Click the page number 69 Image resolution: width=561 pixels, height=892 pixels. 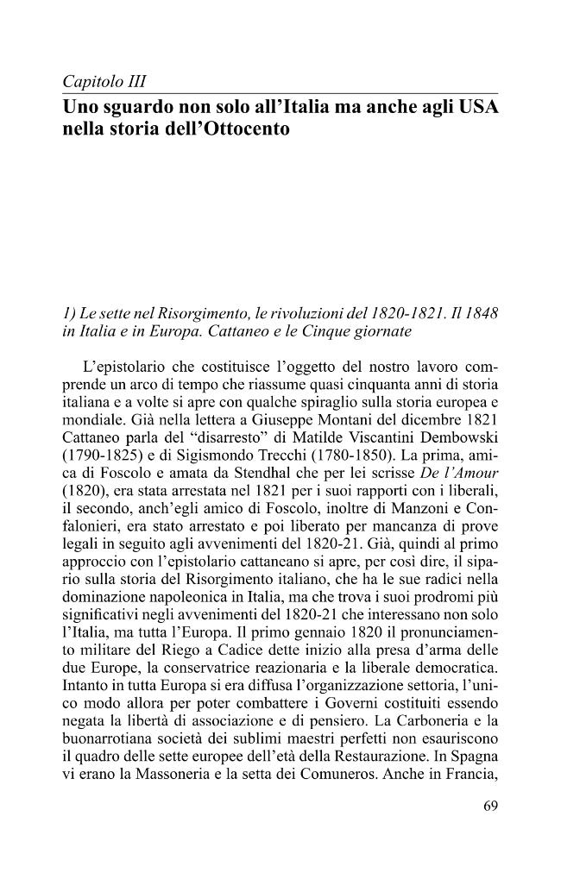click(490, 808)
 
